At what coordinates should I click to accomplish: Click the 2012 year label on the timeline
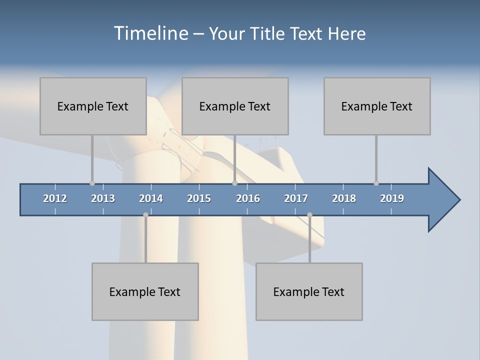tap(55, 198)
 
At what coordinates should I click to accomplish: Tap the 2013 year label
tap(103, 198)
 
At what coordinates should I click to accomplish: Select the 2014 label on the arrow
tap(151, 198)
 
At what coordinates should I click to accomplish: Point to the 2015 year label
tap(199, 198)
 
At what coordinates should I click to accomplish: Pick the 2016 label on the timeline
tap(248, 198)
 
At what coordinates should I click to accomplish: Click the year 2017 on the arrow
tap(296, 198)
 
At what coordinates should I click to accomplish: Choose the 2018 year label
tap(344, 198)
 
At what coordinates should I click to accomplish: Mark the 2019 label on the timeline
tap(392, 198)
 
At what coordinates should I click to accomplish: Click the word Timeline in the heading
tap(150, 33)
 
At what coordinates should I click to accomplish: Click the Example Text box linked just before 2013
tap(93, 106)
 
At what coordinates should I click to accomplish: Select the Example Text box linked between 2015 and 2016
tap(235, 106)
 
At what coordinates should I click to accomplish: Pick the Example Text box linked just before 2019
tap(377, 106)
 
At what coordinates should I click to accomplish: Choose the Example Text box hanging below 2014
tap(145, 291)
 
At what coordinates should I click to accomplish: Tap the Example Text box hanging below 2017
tap(309, 291)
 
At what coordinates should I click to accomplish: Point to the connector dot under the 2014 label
tap(145, 214)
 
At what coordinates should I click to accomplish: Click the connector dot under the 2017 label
tap(309, 214)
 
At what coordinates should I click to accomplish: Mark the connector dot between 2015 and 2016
tap(234, 183)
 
